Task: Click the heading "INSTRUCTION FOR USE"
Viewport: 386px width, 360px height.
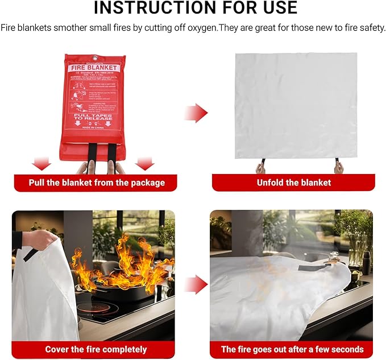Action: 195,7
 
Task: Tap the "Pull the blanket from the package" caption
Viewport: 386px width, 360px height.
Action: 97,183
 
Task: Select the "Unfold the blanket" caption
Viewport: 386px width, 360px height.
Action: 293,183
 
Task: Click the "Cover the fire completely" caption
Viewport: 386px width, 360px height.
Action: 96,349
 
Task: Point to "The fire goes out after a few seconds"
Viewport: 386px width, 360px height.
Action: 292,349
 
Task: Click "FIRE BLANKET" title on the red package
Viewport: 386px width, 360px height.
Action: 93,68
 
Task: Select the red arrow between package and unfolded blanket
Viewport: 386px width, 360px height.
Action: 196,113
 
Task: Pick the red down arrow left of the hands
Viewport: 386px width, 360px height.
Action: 41,164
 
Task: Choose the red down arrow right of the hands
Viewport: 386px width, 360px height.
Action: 145,164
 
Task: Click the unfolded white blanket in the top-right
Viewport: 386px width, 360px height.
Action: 296,105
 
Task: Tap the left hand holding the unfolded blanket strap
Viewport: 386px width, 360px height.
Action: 261,168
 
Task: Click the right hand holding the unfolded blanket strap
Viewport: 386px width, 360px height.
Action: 339,167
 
